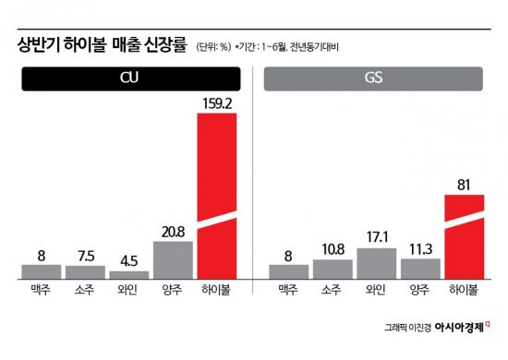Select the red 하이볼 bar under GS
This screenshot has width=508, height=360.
464,236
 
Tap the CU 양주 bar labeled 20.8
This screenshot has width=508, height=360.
173,259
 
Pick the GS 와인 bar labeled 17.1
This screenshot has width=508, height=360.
376,263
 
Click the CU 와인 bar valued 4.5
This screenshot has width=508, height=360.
128,274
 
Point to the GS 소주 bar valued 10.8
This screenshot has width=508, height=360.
333,269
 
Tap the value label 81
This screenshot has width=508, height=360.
464,185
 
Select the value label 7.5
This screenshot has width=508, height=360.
85,255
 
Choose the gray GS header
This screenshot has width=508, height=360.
376,80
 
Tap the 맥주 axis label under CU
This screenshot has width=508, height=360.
41,291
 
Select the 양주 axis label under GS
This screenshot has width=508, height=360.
420,291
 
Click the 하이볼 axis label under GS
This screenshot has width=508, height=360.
464,291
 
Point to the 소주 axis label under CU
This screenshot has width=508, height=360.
85,291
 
